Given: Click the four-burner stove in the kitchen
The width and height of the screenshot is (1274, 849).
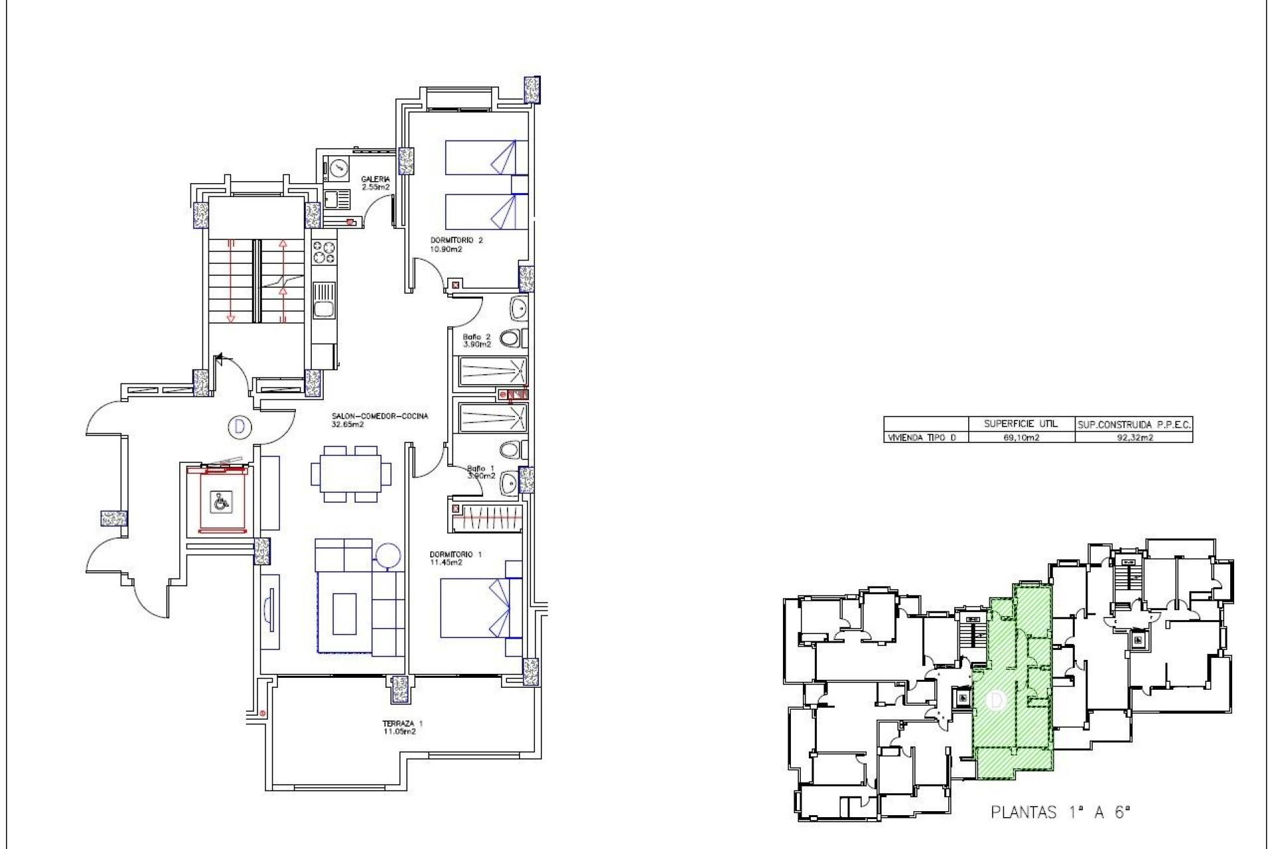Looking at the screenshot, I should pos(324,252).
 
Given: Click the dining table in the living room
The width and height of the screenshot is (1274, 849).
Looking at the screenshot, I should pos(351,474).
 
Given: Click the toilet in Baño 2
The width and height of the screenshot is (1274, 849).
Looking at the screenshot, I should pos(510,339).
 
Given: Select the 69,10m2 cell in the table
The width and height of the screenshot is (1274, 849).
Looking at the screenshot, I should pos(1021,437).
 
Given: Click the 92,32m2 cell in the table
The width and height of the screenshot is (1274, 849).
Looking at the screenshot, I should pos(1133,437).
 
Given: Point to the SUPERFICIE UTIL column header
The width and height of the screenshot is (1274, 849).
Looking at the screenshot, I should pos(1021,423).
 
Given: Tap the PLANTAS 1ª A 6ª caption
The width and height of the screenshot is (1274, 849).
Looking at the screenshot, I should pos(1059,813).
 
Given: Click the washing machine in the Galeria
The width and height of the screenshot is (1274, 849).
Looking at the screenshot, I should pos(338,168).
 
